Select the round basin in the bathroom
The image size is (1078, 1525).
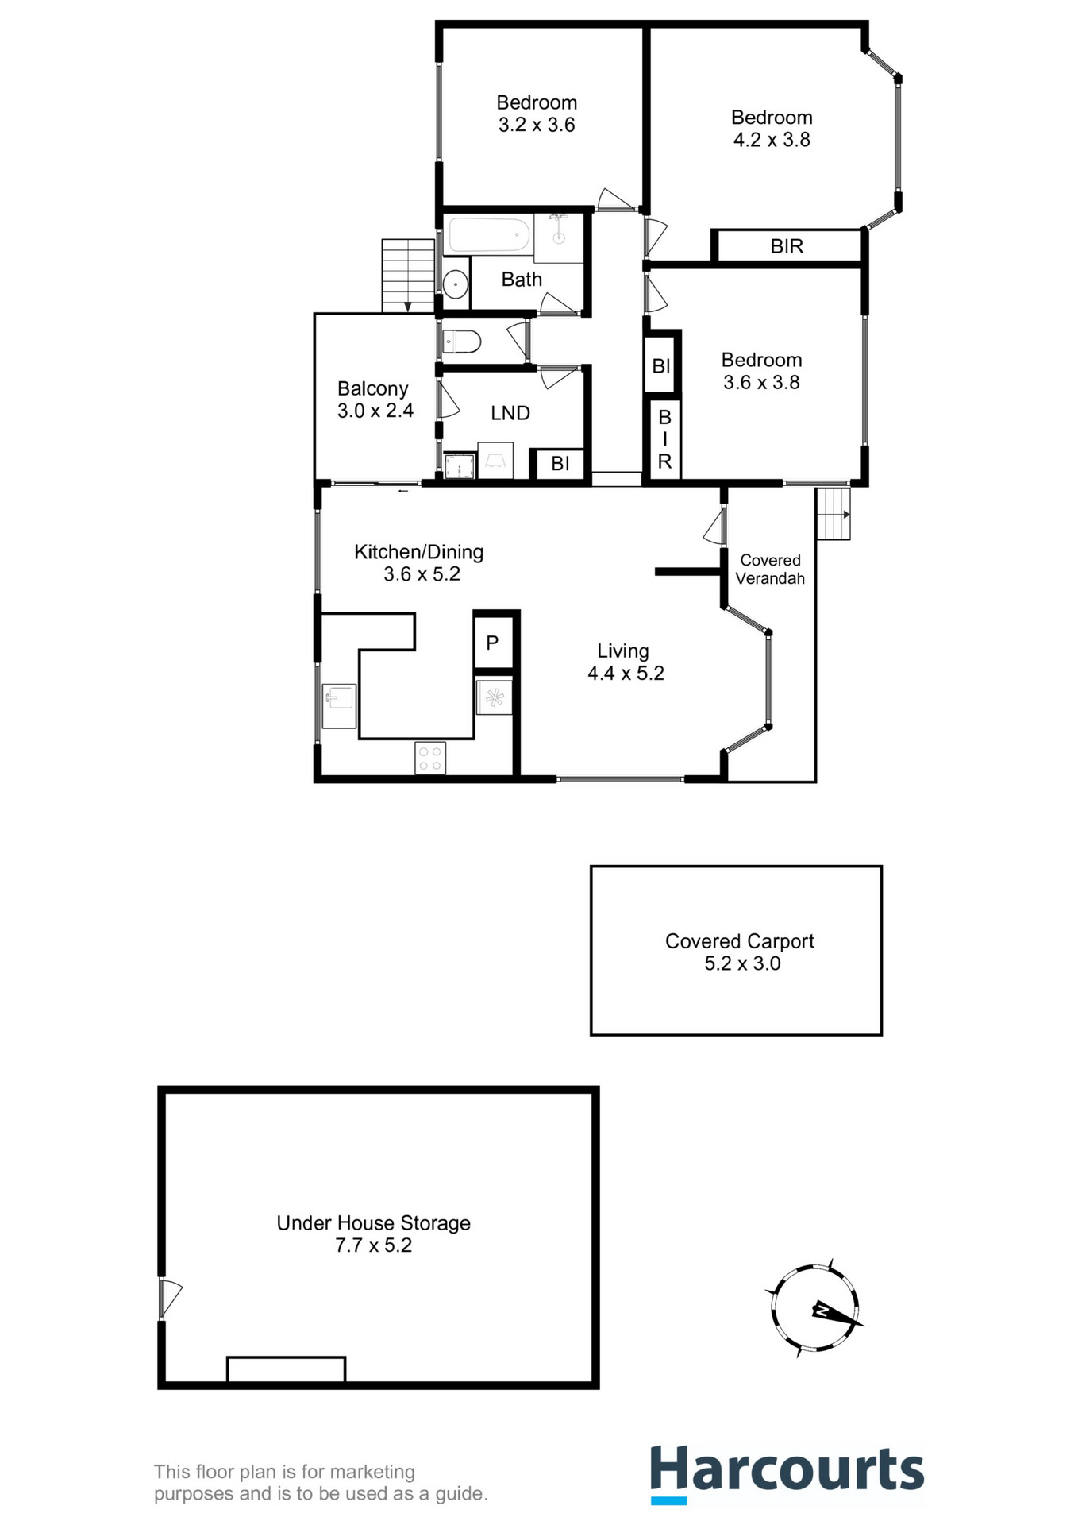pos(456,284)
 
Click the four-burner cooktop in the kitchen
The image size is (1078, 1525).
pos(430,757)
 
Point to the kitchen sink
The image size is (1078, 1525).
pos(340,699)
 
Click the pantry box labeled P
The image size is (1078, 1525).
pos(493,643)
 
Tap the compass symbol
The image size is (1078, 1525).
pos(814,1308)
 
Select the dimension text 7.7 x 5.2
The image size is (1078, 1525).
pos(373,1245)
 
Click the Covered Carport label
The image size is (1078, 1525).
pos(739,941)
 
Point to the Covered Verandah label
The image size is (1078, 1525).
pos(770,569)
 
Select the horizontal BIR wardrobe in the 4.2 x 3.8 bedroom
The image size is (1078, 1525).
pos(787,246)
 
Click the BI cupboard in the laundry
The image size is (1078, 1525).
pos(560,464)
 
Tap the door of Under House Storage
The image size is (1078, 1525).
pos(168,1298)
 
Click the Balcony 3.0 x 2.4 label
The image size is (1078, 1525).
pos(373,400)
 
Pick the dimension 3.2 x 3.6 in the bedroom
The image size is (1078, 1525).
pos(537,125)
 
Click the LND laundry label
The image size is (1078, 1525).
pos(510,413)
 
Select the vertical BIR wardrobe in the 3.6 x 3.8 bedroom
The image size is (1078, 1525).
pos(664,438)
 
